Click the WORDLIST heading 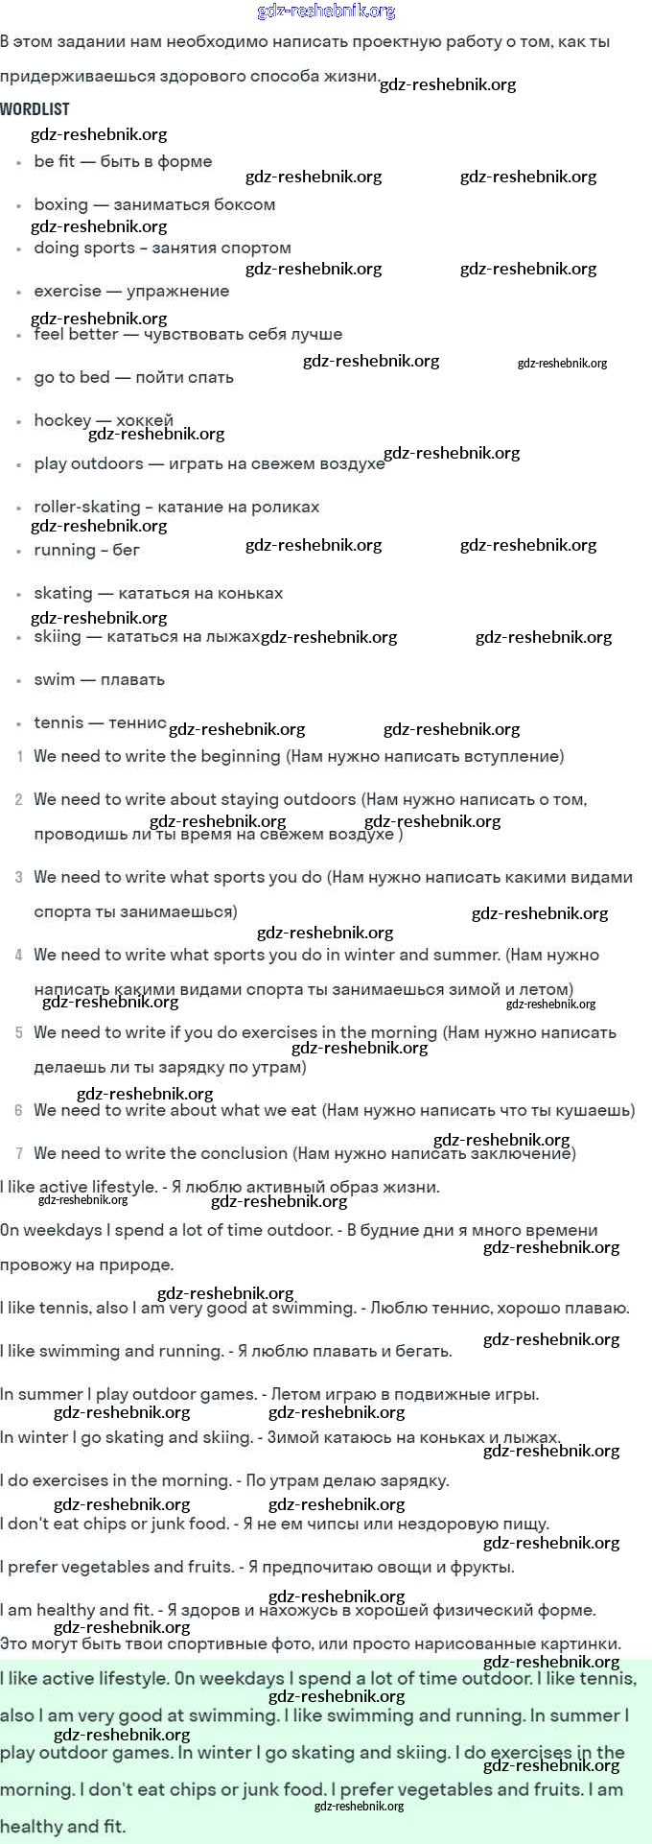(x=35, y=109)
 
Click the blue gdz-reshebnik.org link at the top (x=326, y=12)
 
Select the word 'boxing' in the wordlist (x=60, y=204)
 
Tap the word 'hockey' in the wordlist (x=62, y=420)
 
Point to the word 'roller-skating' (x=86, y=507)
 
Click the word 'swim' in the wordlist (x=54, y=679)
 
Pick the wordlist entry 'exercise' (x=67, y=291)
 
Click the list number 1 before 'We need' (x=20, y=757)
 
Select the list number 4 (x=19, y=956)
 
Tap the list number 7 (x=19, y=1154)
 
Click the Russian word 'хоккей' (x=145, y=420)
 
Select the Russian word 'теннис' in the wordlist (x=137, y=722)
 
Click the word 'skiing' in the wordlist (x=58, y=636)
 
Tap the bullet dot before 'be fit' (x=19, y=163)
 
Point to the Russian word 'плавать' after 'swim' (x=132, y=679)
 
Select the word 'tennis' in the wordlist (x=58, y=722)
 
